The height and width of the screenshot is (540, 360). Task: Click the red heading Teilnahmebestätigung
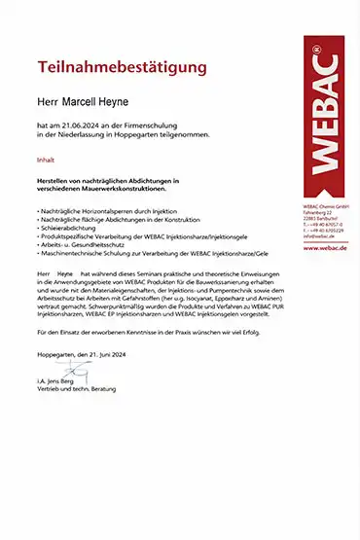pos(122,68)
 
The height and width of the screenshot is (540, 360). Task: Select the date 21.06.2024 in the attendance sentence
pos(79,127)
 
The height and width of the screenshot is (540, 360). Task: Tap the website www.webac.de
pos(325,249)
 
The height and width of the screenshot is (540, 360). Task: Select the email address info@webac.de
pos(320,235)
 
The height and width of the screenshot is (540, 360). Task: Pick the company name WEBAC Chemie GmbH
pos(324,206)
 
